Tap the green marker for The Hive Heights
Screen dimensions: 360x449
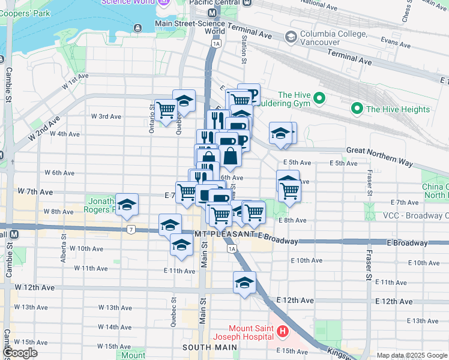coord(358,109)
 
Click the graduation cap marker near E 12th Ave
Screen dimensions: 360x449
coord(244,283)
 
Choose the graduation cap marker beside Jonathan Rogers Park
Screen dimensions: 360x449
coord(127,205)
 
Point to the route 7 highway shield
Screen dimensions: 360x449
coord(130,229)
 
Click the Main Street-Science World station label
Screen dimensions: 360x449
coord(190,28)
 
